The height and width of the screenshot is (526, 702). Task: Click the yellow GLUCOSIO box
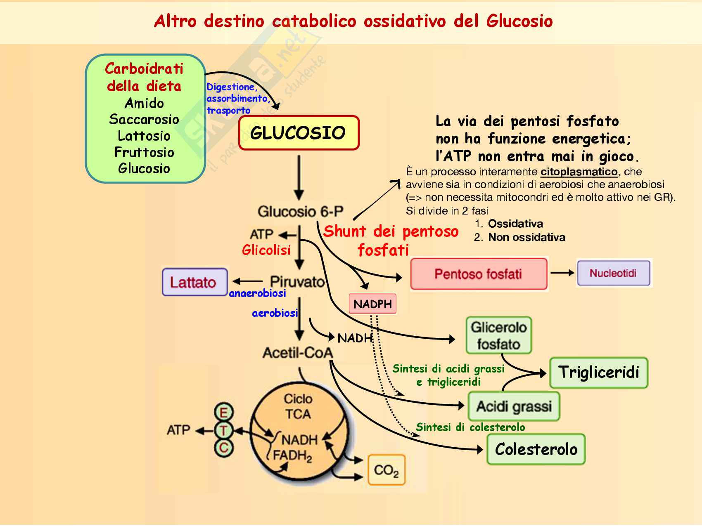[299, 133]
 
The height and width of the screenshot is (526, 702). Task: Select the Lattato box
[194, 282]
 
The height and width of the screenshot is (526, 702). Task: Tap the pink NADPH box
[372, 304]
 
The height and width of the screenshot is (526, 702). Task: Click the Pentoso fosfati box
[479, 274]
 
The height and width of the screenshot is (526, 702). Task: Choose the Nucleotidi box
[613, 273]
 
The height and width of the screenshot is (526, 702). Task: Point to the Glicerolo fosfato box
[498, 335]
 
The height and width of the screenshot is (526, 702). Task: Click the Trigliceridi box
[598, 373]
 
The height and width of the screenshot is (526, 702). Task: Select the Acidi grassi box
[514, 406]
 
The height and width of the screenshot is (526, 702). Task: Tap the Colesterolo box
[536, 449]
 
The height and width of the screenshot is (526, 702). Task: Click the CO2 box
[386, 470]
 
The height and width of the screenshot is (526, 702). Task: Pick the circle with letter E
[224, 413]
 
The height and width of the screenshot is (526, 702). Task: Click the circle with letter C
[224, 448]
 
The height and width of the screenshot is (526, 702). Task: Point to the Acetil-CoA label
[298, 353]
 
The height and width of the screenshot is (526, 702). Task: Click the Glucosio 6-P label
[300, 212]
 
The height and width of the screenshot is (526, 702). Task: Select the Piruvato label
[297, 282]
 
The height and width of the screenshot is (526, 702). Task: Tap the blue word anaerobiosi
[257, 293]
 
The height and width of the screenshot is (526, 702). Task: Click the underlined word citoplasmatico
[579, 172]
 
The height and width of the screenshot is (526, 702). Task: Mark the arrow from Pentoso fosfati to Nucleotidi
[562, 273]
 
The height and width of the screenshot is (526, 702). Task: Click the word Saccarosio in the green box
[144, 120]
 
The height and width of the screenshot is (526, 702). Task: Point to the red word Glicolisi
[266, 250]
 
